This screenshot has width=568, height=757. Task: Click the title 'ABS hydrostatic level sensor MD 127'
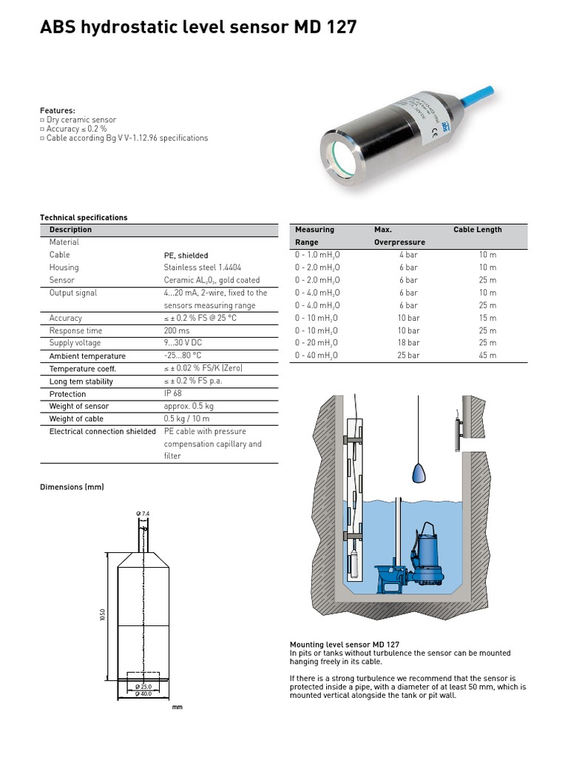pos(197,28)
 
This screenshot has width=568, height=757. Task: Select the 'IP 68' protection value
pos(172,394)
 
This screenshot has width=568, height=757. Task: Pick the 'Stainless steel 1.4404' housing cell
pos(202,268)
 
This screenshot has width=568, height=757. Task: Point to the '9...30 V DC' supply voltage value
pos(184,343)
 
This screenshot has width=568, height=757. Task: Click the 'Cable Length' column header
pos(477,230)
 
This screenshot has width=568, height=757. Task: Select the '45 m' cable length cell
pos(487,356)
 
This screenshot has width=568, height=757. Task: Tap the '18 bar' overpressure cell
pos(408,343)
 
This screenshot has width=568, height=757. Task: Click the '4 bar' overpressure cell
pos(408,254)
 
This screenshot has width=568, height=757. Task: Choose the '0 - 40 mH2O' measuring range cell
pos(316,356)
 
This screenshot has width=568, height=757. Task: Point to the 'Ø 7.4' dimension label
pos(143,513)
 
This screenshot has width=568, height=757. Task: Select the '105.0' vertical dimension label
pos(103,615)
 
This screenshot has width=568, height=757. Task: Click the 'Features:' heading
pos(57,110)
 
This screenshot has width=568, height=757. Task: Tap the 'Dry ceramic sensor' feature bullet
pos(81,120)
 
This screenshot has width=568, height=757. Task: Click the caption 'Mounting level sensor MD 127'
pos(345,645)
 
